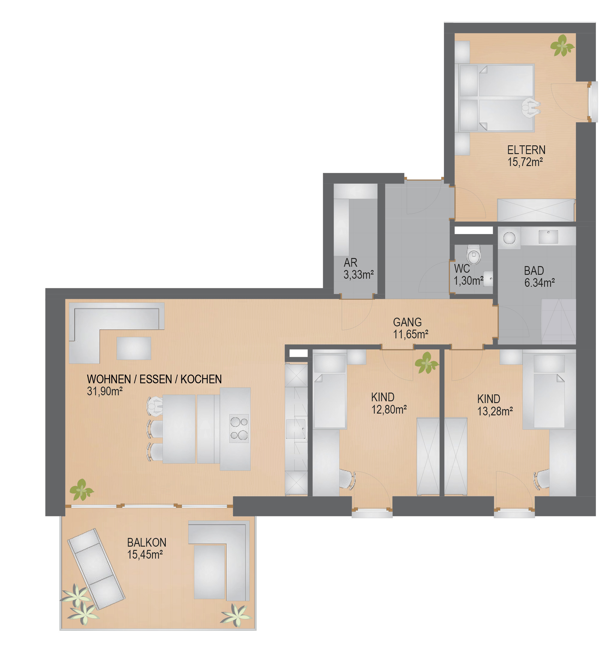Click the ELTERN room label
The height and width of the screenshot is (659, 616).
526,150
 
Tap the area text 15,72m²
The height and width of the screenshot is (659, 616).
525,162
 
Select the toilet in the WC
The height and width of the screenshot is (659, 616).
474,254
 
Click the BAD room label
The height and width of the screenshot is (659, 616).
534,271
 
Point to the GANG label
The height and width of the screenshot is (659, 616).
407,322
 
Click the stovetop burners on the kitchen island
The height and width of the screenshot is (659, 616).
239,428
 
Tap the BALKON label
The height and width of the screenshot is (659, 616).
147,542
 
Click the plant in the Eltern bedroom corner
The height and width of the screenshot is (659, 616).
562,46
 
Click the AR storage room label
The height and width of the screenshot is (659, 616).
350,263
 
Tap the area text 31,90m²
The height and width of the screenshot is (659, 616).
105,391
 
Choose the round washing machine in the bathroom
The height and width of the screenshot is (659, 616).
509,237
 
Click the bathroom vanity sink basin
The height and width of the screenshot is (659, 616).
548,237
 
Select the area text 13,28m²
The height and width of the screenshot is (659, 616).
495,411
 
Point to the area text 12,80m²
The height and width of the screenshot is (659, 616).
389,410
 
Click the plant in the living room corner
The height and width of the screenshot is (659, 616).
82,489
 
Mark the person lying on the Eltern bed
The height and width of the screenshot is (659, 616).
531,107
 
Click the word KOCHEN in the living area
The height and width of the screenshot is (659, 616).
201,379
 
